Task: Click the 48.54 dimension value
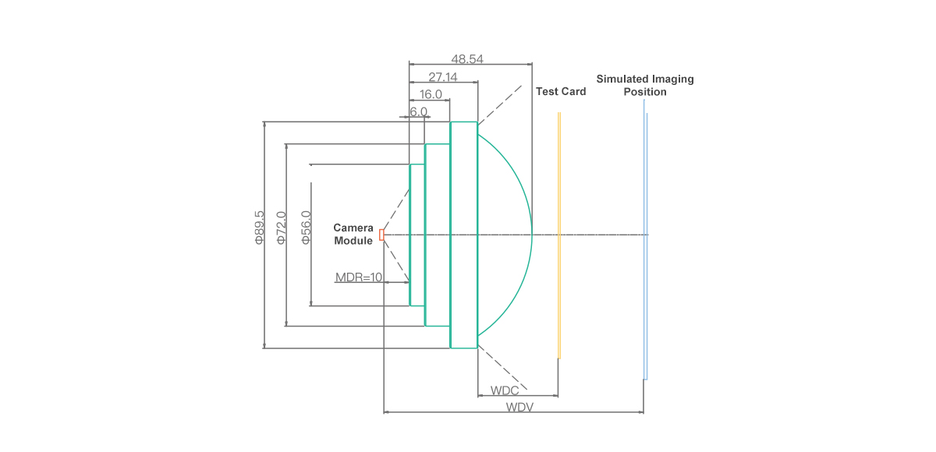pyautogui.click(x=467, y=59)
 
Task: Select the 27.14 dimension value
pyautogui.click(x=443, y=77)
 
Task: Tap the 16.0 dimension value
pyautogui.click(x=431, y=94)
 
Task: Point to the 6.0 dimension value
pyautogui.click(x=418, y=112)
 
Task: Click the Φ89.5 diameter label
pyautogui.click(x=260, y=228)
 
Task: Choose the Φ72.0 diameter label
pyautogui.click(x=282, y=228)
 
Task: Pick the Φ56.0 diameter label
pyautogui.click(x=306, y=228)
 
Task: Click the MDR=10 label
pyautogui.click(x=359, y=277)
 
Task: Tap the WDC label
pyautogui.click(x=505, y=390)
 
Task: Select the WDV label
pyautogui.click(x=519, y=407)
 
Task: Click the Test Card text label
pyautogui.click(x=561, y=91)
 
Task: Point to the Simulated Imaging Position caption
pyautogui.click(x=645, y=85)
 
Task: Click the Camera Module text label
pyautogui.click(x=353, y=234)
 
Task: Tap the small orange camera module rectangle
pyautogui.click(x=381, y=235)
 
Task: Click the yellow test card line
pyautogui.click(x=559, y=235)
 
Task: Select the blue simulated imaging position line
pyautogui.click(x=645, y=240)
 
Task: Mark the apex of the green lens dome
pyautogui.click(x=532, y=235)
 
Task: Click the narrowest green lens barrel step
pyautogui.click(x=417, y=235)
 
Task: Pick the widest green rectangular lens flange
pyautogui.click(x=464, y=235)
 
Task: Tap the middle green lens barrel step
pyautogui.click(x=438, y=235)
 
